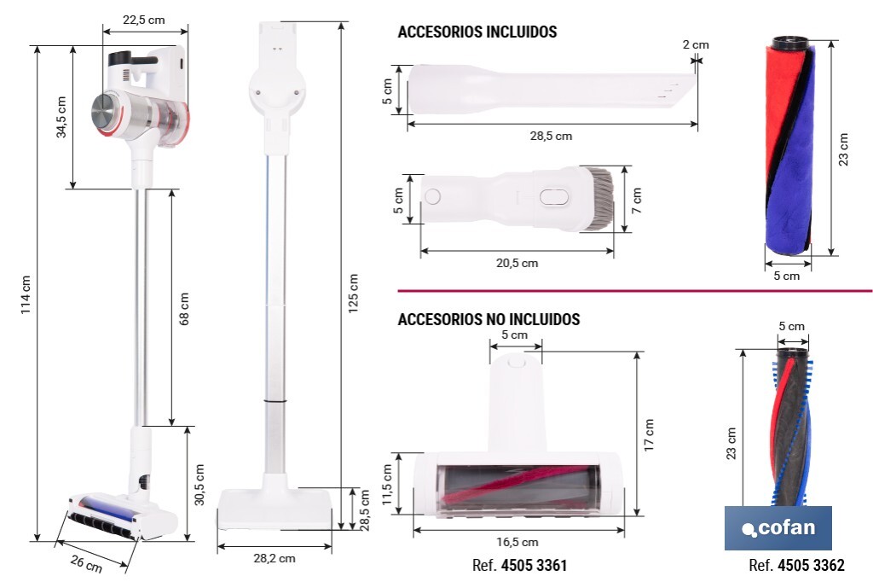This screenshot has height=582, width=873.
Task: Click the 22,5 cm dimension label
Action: (145, 20)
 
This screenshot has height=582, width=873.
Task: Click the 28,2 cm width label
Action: (275, 558)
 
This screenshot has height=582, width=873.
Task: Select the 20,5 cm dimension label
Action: (517, 263)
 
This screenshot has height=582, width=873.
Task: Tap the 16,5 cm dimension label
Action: (517, 542)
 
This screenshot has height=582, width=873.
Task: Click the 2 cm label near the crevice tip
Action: (695, 44)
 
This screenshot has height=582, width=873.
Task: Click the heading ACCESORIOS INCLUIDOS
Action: (477, 32)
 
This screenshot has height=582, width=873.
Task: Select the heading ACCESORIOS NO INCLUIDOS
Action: (489, 320)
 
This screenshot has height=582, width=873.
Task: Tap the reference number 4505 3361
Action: (534, 565)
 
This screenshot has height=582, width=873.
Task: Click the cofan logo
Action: (778, 527)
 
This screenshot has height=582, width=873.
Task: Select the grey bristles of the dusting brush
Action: (599, 198)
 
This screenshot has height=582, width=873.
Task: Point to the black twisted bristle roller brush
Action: (789, 427)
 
